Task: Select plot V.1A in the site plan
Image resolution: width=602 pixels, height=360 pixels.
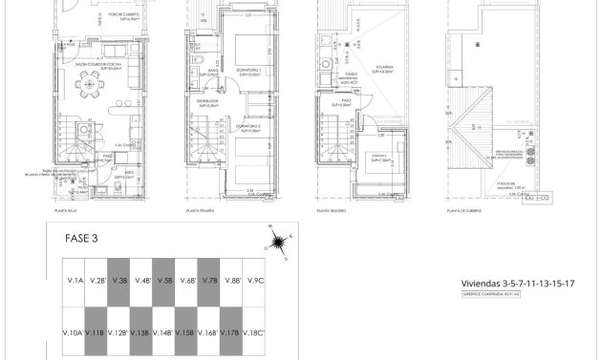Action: coord(72,281)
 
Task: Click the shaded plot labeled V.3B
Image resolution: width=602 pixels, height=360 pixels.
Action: coord(119,281)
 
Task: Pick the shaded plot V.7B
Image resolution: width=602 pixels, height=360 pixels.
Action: coord(210,281)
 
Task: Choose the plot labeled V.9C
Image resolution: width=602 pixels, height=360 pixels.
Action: coord(254,281)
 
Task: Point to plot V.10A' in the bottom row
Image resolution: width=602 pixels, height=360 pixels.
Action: coord(72,332)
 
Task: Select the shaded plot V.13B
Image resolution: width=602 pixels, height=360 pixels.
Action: coord(141,332)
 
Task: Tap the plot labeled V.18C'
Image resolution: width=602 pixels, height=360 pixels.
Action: coord(254,332)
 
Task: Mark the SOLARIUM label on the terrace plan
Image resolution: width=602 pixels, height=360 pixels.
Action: coord(367,68)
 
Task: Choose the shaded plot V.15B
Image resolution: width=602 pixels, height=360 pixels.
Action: coord(187,332)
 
